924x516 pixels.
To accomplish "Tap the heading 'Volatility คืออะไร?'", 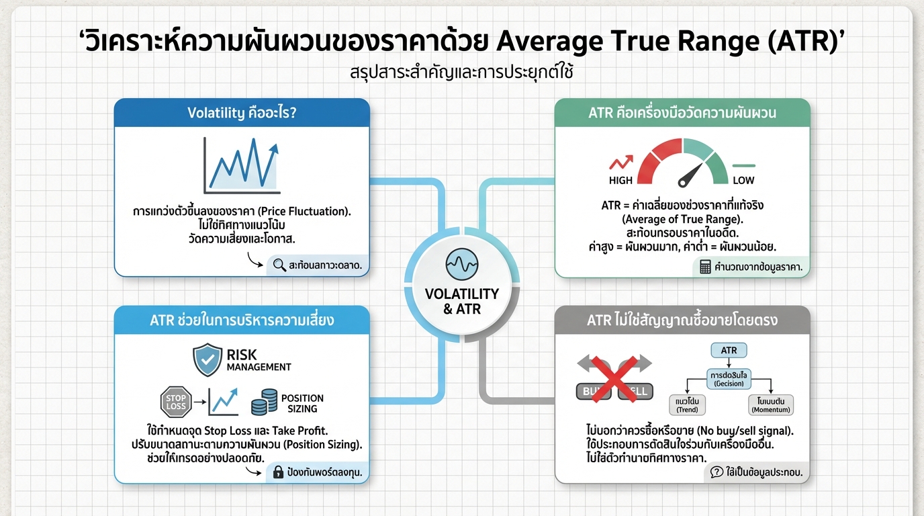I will click(x=242, y=113).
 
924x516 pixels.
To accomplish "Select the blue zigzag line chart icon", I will click(x=241, y=165).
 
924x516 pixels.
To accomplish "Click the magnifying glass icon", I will click(x=280, y=265).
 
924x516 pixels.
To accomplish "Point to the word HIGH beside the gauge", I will click(x=620, y=180).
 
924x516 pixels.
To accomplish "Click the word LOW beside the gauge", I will click(x=743, y=180).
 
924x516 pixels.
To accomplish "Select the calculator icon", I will click(x=705, y=267).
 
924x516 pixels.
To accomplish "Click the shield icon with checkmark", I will click(x=207, y=359).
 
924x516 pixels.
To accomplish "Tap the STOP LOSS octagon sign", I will click(x=176, y=402).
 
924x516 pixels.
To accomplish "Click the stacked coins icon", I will click(x=264, y=402).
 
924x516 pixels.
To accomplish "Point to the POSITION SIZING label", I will click(x=302, y=403).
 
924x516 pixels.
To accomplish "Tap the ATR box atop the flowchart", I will click(x=729, y=351).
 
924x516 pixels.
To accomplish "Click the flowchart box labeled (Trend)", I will click(x=687, y=404).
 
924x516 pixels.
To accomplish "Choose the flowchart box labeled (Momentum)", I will click(x=771, y=404).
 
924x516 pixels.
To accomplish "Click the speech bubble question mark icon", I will click(x=717, y=472).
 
